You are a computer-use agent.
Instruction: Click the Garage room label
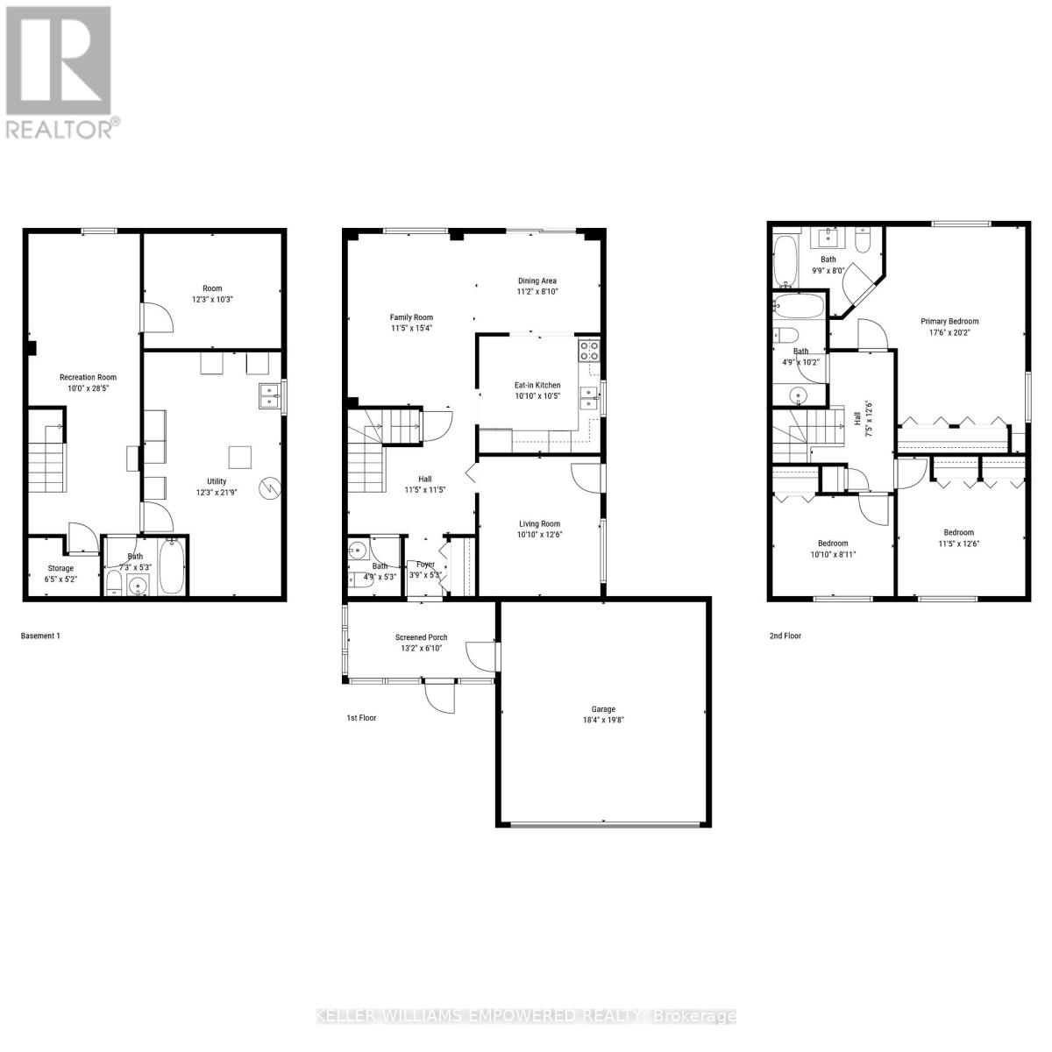(603, 709)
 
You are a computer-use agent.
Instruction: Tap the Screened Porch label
(422, 637)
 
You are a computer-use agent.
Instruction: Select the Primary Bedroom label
(949, 321)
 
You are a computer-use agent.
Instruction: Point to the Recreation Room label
(88, 377)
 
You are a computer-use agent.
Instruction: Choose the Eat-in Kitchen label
(537, 385)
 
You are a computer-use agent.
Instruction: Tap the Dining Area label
(537, 281)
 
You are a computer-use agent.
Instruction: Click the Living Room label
(538, 523)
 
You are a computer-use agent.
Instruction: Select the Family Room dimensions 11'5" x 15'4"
(411, 328)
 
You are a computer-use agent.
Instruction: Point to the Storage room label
(60, 568)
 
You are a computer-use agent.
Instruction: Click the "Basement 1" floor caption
(40, 636)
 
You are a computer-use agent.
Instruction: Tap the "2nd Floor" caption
(785, 636)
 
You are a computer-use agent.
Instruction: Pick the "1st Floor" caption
(361, 717)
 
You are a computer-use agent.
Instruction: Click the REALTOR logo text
(60, 130)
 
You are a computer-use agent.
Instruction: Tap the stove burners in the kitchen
(588, 351)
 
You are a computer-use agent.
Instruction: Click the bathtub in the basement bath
(172, 568)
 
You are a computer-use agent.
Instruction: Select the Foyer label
(425, 565)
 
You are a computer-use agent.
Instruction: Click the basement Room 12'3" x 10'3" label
(212, 288)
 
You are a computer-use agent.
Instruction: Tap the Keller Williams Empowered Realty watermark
(526, 1016)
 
